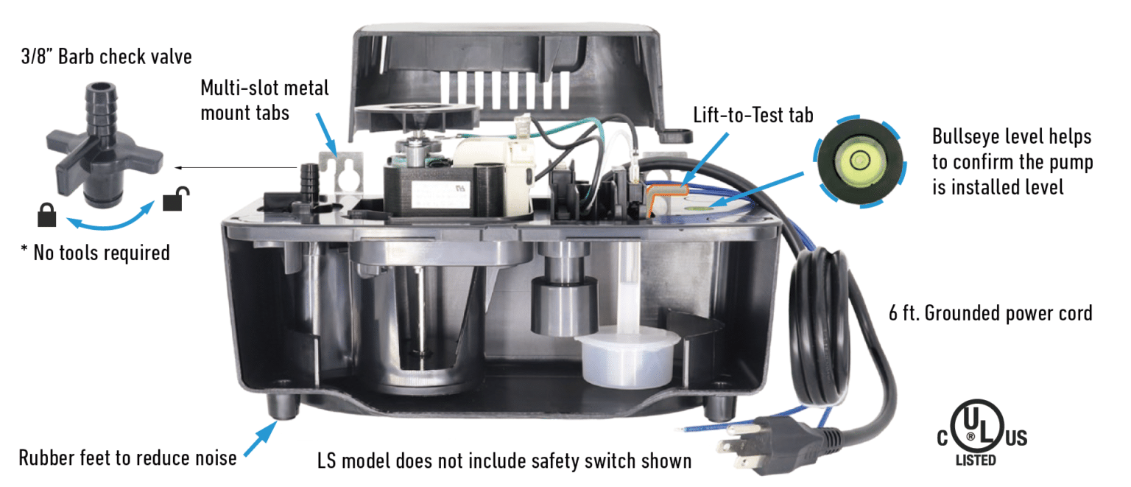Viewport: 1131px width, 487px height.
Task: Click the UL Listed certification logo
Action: point(982,435)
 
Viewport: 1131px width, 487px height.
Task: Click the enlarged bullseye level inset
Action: point(859,160)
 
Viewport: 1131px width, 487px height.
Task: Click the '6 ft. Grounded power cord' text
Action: point(990,313)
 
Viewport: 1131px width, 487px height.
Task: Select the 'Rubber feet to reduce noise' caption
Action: point(127,458)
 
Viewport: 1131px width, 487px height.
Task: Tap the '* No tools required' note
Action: point(95,253)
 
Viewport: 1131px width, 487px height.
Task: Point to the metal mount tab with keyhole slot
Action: point(343,174)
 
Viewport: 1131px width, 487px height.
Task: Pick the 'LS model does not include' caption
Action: point(504,461)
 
